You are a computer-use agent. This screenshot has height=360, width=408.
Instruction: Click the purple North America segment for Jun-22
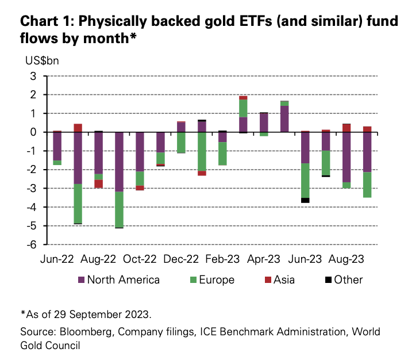pyautogui.click(x=57, y=146)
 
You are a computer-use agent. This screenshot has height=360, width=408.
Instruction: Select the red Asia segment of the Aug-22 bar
pyautogui.click(x=99, y=183)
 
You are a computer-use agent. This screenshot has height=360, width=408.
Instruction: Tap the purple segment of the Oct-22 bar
pyautogui.click(x=140, y=151)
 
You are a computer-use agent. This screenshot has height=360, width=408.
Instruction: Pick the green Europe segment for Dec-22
pyautogui.click(x=181, y=143)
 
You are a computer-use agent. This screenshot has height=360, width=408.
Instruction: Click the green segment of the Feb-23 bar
pyautogui.click(x=222, y=154)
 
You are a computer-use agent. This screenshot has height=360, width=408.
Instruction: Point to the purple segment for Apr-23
pyautogui.click(x=264, y=122)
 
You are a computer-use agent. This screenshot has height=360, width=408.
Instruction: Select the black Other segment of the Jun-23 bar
pyautogui.click(x=305, y=200)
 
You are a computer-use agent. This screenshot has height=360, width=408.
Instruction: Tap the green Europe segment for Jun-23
pyautogui.click(x=305, y=180)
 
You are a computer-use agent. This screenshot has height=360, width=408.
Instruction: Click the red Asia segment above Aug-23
pyautogui.click(x=347, y=128)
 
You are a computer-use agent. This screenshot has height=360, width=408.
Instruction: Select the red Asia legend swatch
pyautogui.click(x=268, y=280)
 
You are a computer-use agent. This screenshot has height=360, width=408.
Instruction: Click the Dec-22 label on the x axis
pyautogui.click(x=181, y=260)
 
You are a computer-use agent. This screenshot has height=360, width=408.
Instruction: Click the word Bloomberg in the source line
pyautogui.click(x=80, y=333)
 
